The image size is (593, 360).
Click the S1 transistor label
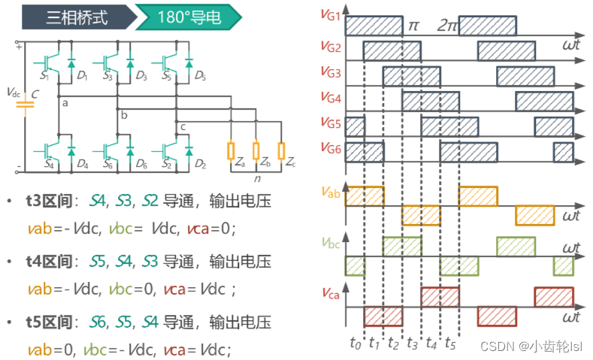[44, 76]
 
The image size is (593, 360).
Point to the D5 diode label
[200, 76]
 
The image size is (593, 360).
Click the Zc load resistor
[281, 150]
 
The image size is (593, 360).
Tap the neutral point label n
[257, 180]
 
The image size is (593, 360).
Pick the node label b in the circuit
[124, 115]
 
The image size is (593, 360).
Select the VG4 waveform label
[331, 97]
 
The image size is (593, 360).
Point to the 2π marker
[447, 25]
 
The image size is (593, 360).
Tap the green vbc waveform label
[330, 242]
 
